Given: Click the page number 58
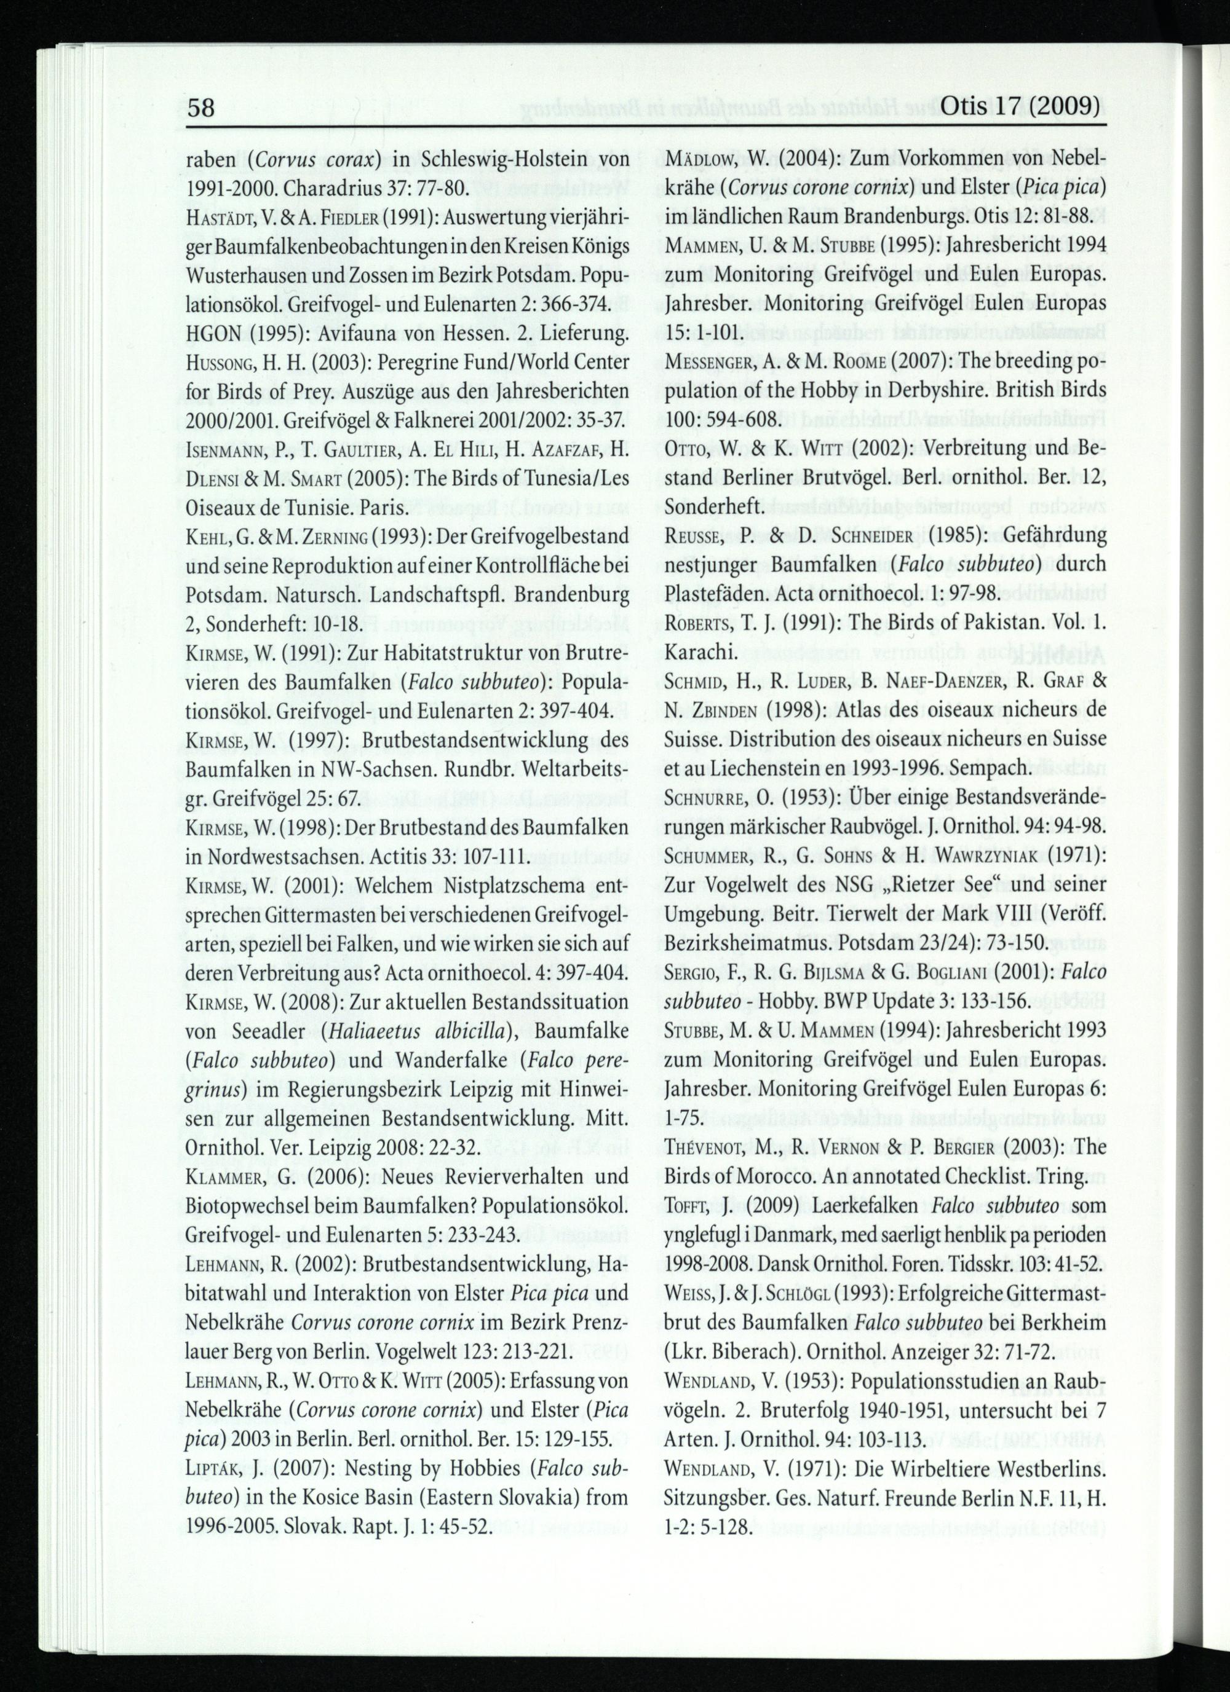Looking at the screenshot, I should pyautogui.click(x=200, y=108).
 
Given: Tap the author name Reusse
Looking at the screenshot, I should pyautogui.click(x=696, y=538).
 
